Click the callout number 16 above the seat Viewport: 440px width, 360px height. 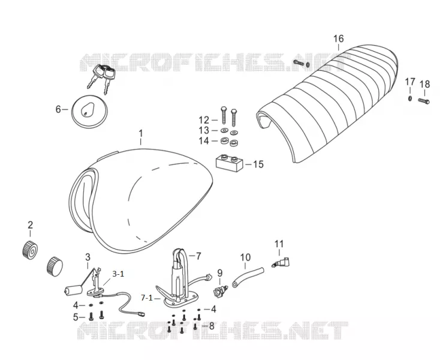(339, 38)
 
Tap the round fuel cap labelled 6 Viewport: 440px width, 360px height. (89, 112)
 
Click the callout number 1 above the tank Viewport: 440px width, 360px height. (141, 133)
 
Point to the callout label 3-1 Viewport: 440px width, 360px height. (118, 274)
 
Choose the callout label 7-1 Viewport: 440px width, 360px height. (147, 298)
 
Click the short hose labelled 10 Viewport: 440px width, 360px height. (248, 277)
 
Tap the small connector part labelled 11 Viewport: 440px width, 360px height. (281, 263)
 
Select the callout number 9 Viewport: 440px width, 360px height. (220, 272)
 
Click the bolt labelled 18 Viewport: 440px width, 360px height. (424, 101)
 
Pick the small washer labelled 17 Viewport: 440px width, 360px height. (410, 98)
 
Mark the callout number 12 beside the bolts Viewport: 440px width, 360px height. (204, 120)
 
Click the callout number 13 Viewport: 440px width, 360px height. (204, 131)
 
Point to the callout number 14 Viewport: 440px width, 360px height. (204, 140)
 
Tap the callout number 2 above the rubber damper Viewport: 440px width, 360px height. (31, 224)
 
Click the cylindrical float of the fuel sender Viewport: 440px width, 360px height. (73, 290)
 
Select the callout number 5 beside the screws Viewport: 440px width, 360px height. (76, 317)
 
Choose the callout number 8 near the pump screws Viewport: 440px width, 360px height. (211, 326)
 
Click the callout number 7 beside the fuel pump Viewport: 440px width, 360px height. (198, 256)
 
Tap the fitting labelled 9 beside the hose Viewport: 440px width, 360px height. (220, 290)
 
